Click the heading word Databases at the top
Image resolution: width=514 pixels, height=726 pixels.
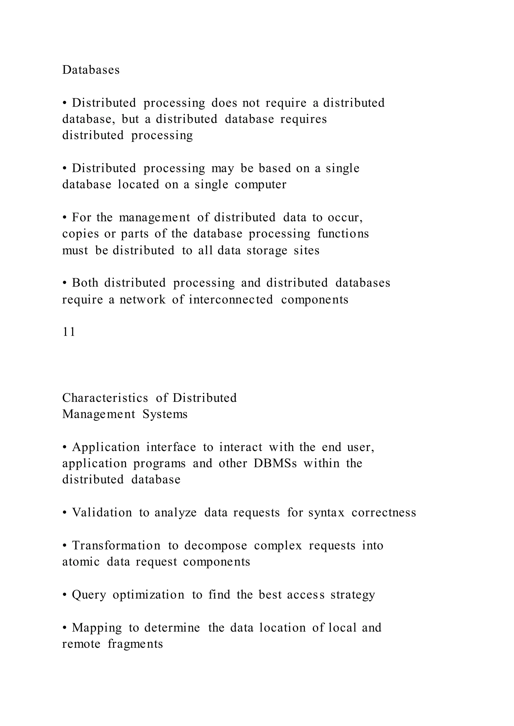[x=91, y=70]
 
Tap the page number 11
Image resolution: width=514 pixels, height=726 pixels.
[x=69, y=332]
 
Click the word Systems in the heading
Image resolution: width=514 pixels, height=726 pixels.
[x=165, y=414]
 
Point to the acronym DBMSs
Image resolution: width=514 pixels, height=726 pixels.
[x=275, y=463]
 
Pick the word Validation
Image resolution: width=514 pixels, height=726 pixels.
[x=102, y=513]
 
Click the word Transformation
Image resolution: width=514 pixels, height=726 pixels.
[x=116, y=546]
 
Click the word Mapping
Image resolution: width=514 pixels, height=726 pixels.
[x=97, y=628]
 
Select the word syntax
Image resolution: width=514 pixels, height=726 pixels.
[x=326, y=513]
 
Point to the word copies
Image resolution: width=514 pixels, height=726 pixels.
[x=80, y=234]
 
